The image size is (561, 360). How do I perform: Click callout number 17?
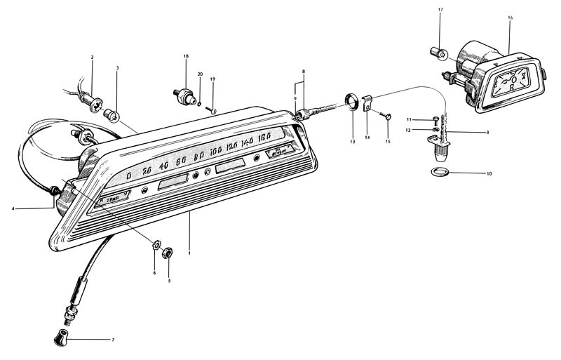point(440,9)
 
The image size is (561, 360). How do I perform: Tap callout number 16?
point(511,15)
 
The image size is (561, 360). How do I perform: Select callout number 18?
point(186,55)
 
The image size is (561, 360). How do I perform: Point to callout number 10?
point(489,173)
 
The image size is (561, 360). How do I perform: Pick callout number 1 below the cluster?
point(189,253)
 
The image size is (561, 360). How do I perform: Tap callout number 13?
point(352,142)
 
